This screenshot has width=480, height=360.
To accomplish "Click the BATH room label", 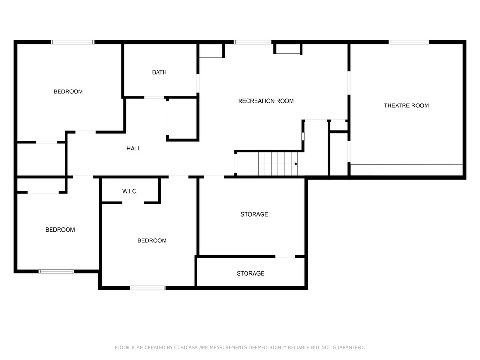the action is (x=159, y=72).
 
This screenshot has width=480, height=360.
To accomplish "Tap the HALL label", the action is (x=134, y=149).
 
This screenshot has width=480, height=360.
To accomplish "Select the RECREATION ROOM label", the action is (x=266, y=101).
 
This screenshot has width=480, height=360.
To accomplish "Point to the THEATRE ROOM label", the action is (x=406, y=105).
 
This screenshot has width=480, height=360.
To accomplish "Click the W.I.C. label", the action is (x=130, y=191).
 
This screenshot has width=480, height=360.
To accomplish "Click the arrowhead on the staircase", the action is (x=296, y=164).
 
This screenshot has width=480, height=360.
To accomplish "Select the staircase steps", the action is (x=278, y=164).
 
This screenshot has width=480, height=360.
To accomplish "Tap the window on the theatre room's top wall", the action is (x=409, y=42).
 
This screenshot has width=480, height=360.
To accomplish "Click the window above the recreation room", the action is (x=253, y=42).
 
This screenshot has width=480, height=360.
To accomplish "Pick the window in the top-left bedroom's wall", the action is (x=73, y=42).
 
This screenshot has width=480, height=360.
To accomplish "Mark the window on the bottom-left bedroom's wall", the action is (x=56, y=271).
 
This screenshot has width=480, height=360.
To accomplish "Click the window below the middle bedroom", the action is (x=148, y=288).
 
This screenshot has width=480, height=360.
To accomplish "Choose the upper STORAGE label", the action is (x=255, y=214).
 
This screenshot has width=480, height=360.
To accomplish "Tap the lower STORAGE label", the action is (x=250, y=273).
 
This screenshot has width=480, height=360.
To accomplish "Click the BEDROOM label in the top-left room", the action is (x=68, y=91).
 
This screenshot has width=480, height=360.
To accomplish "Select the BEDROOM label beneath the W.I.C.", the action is (x=152, y=240).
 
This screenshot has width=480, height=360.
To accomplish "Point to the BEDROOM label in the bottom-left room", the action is (x=60, y=230).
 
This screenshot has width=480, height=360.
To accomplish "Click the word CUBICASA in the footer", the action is (x=186, y=347).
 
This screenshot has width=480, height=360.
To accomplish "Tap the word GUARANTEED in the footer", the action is (x=349, y=347).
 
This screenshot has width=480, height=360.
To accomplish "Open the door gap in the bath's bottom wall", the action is (x=154, y=97).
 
